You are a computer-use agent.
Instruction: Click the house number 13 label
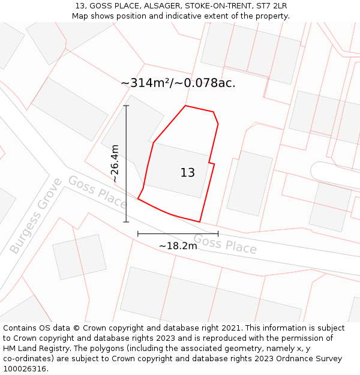click(x=188, y=173)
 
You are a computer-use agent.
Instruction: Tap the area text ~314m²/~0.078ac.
click(x=178, y=83)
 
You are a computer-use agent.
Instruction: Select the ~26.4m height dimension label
click(x=115, y=163)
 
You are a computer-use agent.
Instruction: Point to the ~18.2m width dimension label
click(x=178, y=245)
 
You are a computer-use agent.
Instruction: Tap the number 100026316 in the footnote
click(x=24, y=368)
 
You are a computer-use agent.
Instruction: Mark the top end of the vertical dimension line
click(x=126, y=106)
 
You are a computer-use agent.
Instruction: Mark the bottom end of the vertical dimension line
click(x=126, y=222)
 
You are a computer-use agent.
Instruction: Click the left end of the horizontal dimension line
click(x=138, y=233)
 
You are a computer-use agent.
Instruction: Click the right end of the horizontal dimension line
click(x=218, y=233)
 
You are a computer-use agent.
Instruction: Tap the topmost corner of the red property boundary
click(x=185, y=106)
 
